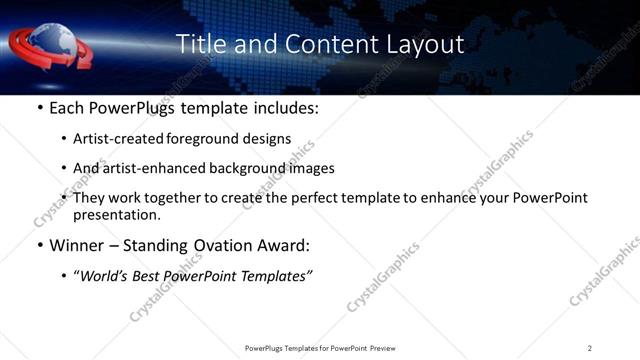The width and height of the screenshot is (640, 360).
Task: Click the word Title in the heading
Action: [200, 45]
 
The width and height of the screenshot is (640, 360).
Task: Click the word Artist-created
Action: [118, 140]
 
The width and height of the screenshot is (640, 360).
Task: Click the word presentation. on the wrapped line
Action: [117, 214]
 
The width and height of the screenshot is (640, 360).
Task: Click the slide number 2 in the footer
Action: [590, 348]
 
